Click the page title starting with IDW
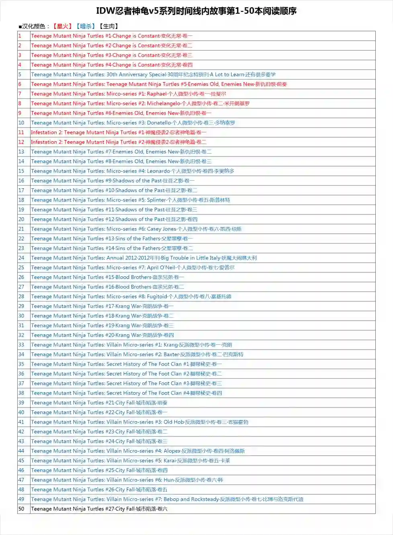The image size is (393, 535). click(196, 11)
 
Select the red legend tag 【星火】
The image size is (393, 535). click(62, 27)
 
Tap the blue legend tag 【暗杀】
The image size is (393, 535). click(86, 27)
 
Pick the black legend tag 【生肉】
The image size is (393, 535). click(109, 27)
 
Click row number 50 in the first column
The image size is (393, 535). click(21, 509)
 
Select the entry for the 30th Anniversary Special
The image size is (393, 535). click(153, 74)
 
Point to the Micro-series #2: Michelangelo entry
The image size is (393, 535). click(140, 103)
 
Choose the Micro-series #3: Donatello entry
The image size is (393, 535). click(133, 123)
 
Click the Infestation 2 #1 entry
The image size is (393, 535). click(119, 132)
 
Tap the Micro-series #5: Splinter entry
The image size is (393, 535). click(130, 200)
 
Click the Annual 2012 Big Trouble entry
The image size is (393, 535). click(143, 258)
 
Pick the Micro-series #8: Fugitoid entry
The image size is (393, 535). click(131, 296)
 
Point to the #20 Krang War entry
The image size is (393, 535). click(102, 335)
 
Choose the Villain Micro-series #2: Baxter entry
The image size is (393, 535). click(137, 354)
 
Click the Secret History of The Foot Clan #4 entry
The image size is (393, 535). click(126, 393)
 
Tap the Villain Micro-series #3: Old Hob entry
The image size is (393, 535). click(139, 422)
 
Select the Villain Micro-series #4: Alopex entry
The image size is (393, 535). click(137, 451)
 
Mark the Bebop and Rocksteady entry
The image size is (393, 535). click(167, 499)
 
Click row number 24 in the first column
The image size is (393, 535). click(21, 258)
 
